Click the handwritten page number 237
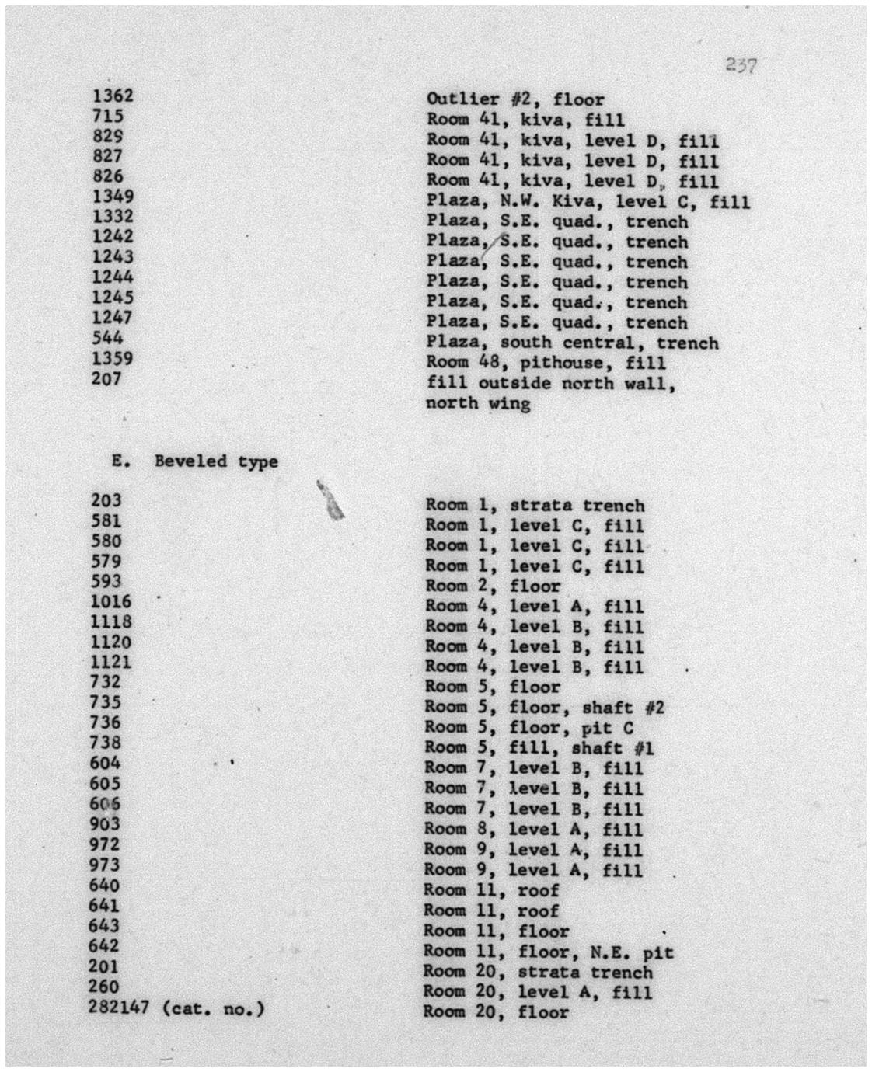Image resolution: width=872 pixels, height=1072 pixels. [x=741, y=65]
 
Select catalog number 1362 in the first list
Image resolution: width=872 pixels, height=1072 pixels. [x=113, y=96]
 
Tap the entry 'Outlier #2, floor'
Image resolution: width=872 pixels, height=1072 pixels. [x=514, y=99]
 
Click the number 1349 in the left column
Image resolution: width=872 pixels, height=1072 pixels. [x=113, y=197]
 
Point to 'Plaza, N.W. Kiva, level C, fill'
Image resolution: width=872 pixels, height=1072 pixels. [x=588, y=202]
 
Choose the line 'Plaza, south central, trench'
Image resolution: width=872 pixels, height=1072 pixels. [x=572, y=343]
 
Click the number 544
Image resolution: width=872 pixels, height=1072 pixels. [x=107, y=339]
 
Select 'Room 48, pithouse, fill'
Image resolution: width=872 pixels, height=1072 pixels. [x=546, y=363]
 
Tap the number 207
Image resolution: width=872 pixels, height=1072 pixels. [x=107, y=379]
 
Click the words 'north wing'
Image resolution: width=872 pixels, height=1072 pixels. [x=478, y=403]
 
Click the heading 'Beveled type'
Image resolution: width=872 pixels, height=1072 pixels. [x=215, y=461]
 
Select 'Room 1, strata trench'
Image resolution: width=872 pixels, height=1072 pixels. [x=534, y=506]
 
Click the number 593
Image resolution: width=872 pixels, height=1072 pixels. [x=106, y=581]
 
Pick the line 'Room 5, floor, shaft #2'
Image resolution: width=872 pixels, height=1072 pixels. [x=544, y=708]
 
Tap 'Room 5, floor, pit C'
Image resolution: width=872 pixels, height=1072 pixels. [x=528, y=728]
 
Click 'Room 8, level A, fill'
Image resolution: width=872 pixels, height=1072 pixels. [x=533, y=829]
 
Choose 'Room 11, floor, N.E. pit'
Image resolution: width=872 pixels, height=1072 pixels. [x=548, y=952]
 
